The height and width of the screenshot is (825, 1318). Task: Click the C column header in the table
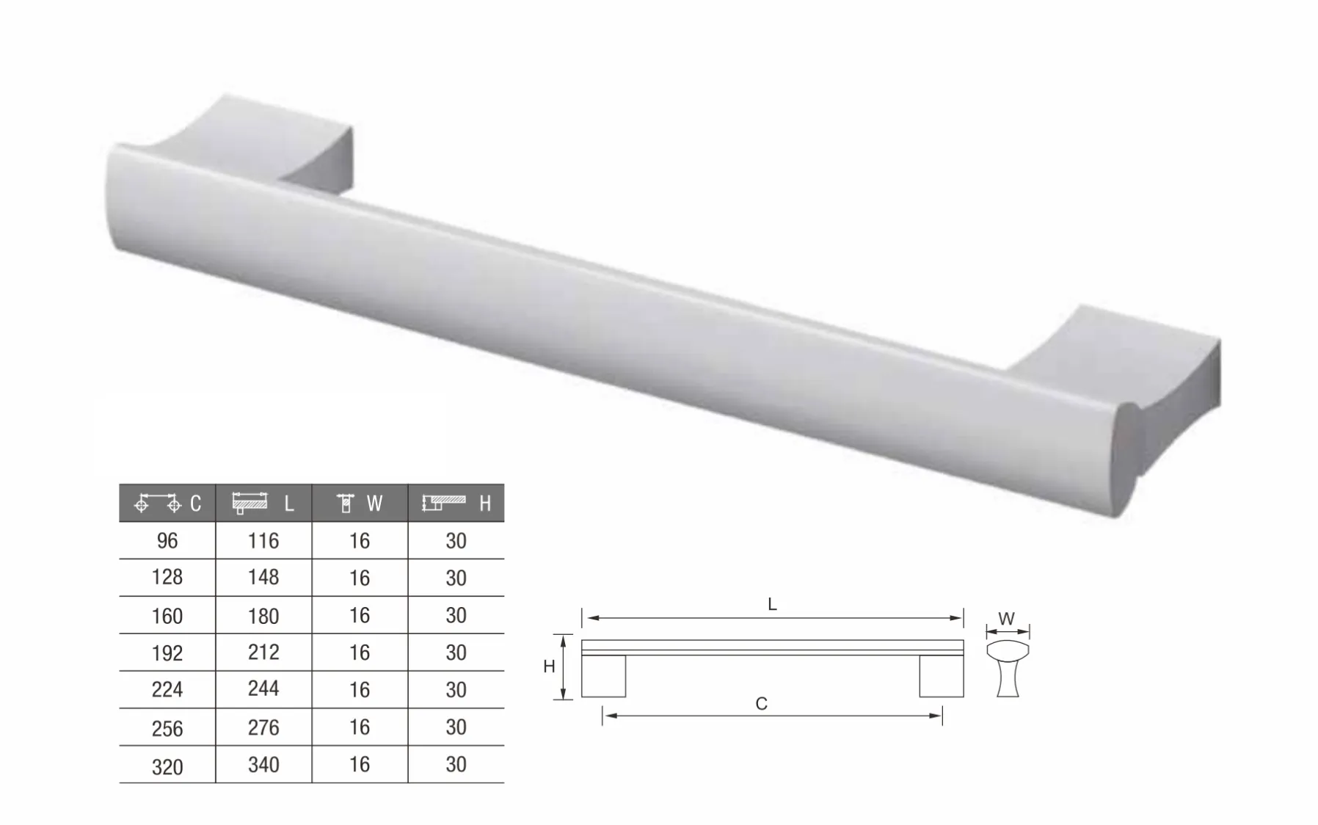[167, 504]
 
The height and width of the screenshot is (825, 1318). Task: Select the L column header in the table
[263, 504]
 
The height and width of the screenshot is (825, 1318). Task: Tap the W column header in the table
[360, 504]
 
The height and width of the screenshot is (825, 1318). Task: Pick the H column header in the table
[456, 504]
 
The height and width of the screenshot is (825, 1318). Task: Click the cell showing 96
[167, 541]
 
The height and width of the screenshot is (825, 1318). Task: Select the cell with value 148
[263, 578]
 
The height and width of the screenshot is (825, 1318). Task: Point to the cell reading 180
[263, 615]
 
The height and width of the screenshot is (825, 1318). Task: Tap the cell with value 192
[167, 653]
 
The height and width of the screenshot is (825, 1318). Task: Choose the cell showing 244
[263, 689]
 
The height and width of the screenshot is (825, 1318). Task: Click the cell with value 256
[167, 727]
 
